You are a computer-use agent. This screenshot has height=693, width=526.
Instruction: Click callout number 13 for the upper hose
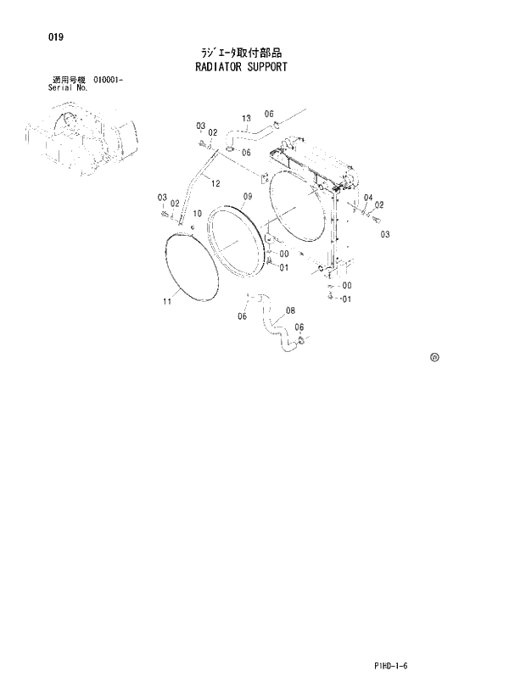click(247, 118)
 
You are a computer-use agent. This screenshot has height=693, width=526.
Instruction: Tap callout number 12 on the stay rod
click(215, 183)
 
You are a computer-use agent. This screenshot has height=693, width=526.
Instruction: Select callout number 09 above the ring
click(247, 197)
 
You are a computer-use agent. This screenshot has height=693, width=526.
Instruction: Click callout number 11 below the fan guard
click(167, 300)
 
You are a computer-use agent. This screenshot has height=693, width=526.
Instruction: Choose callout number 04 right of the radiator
click(367, 198)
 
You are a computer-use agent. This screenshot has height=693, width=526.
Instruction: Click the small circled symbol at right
click(434, 359)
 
